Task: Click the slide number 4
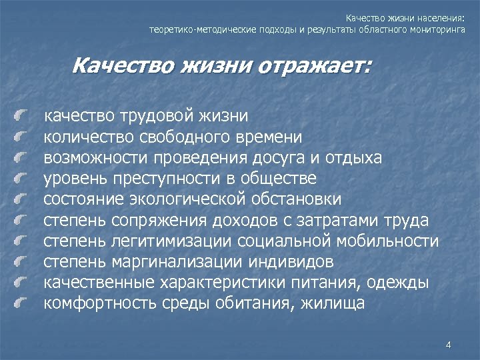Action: click(x=448, y=345)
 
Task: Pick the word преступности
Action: click(x=176, y=179)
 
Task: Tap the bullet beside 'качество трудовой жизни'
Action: click(x=23, y=117)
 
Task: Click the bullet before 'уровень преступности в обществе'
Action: click(x=23, y=180)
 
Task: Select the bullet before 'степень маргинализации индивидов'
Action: click(x=23, y=263)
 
